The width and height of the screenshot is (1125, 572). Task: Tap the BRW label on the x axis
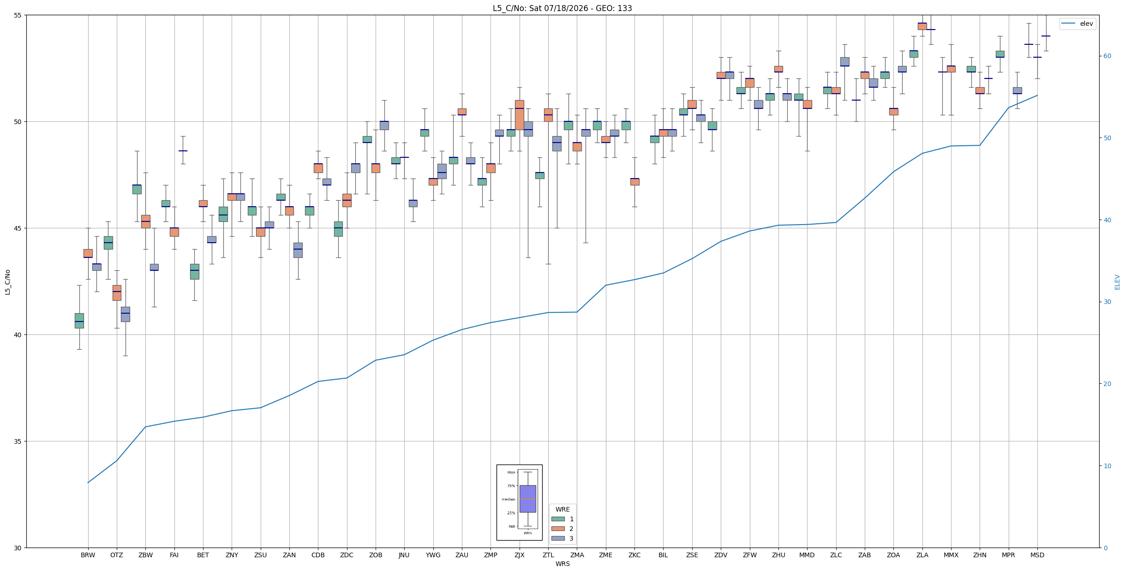pos(88,555)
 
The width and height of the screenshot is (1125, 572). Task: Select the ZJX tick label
pos(519,555)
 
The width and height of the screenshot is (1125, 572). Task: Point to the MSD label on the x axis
pos(1037,555)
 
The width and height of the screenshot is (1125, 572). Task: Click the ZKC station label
pos(634,555)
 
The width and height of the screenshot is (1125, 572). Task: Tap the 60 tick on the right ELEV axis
pos(1107,56)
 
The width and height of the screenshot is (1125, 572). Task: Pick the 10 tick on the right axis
pos(1107,466)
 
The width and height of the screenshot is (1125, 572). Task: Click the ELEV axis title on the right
pos(1117,282)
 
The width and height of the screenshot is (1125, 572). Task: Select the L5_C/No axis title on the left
pos(7,282)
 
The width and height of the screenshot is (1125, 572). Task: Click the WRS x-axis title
pos(562,564)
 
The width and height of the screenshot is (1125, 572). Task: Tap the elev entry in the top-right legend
pos(1077,24)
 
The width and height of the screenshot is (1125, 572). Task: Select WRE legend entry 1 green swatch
pos(558,519)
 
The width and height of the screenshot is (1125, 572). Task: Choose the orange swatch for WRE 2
pos(558,529)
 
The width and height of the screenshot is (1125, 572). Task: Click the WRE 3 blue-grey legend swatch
pos(558,538)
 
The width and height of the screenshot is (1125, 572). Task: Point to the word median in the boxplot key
pos(508,499)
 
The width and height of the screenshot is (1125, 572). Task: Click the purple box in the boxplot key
pos(527,499)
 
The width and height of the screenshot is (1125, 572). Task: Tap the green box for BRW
pos(79,321)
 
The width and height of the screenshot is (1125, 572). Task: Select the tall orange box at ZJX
pos(519,115)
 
